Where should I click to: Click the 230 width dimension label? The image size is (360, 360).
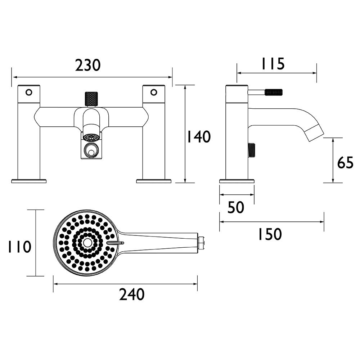click(x=88, y=66)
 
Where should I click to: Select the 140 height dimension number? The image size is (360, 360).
click(x=198, y=137)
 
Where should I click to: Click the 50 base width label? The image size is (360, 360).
click(x=236, y=207)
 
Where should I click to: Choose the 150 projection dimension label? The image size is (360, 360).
click(x=270, y=234)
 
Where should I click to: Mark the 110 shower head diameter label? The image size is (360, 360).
click(x=19, y=247)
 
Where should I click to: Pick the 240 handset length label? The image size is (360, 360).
click(x=132, y=295)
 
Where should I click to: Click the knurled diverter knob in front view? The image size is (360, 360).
click(x=91, y=99)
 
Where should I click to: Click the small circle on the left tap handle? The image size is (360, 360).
click(x=28, y=92)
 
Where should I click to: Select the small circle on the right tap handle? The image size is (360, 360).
click(x=154, y=92)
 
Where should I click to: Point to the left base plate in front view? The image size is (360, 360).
click(x=29, y=181)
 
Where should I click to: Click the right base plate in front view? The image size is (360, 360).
click(x=154, y=181)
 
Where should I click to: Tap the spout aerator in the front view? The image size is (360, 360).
click(x=91, y=137)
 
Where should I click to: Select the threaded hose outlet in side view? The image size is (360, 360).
click(x=252, y=150)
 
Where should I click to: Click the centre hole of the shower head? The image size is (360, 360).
click(x=87, y=243)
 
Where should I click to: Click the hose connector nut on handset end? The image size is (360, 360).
click(x=201, y=243)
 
